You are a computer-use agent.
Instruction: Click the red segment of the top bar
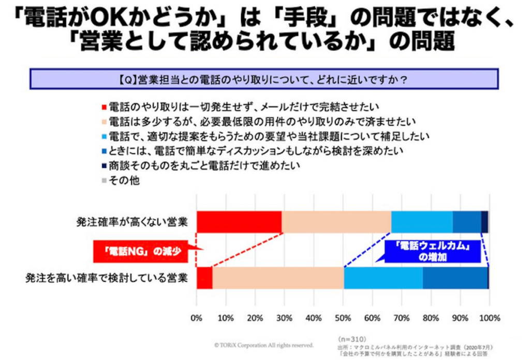point(239,222)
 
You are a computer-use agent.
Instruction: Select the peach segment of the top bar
point(336,222)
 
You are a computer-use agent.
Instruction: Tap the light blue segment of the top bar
point(422,222)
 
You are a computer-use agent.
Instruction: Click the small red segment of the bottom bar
point(204,278)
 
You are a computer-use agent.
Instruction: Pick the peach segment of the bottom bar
point(278,278)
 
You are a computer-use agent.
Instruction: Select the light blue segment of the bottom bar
point(383,278)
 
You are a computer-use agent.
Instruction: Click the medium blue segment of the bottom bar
point(455,278)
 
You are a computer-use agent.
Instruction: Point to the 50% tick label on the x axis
point(343,317)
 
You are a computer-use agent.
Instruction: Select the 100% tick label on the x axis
point(489,317)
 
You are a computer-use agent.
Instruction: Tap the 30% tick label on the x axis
point(284,317)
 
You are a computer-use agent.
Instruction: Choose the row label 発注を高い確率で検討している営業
point(106,278)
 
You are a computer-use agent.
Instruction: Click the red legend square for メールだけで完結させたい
point(104,108)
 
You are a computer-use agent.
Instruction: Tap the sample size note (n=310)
point(350,336)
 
